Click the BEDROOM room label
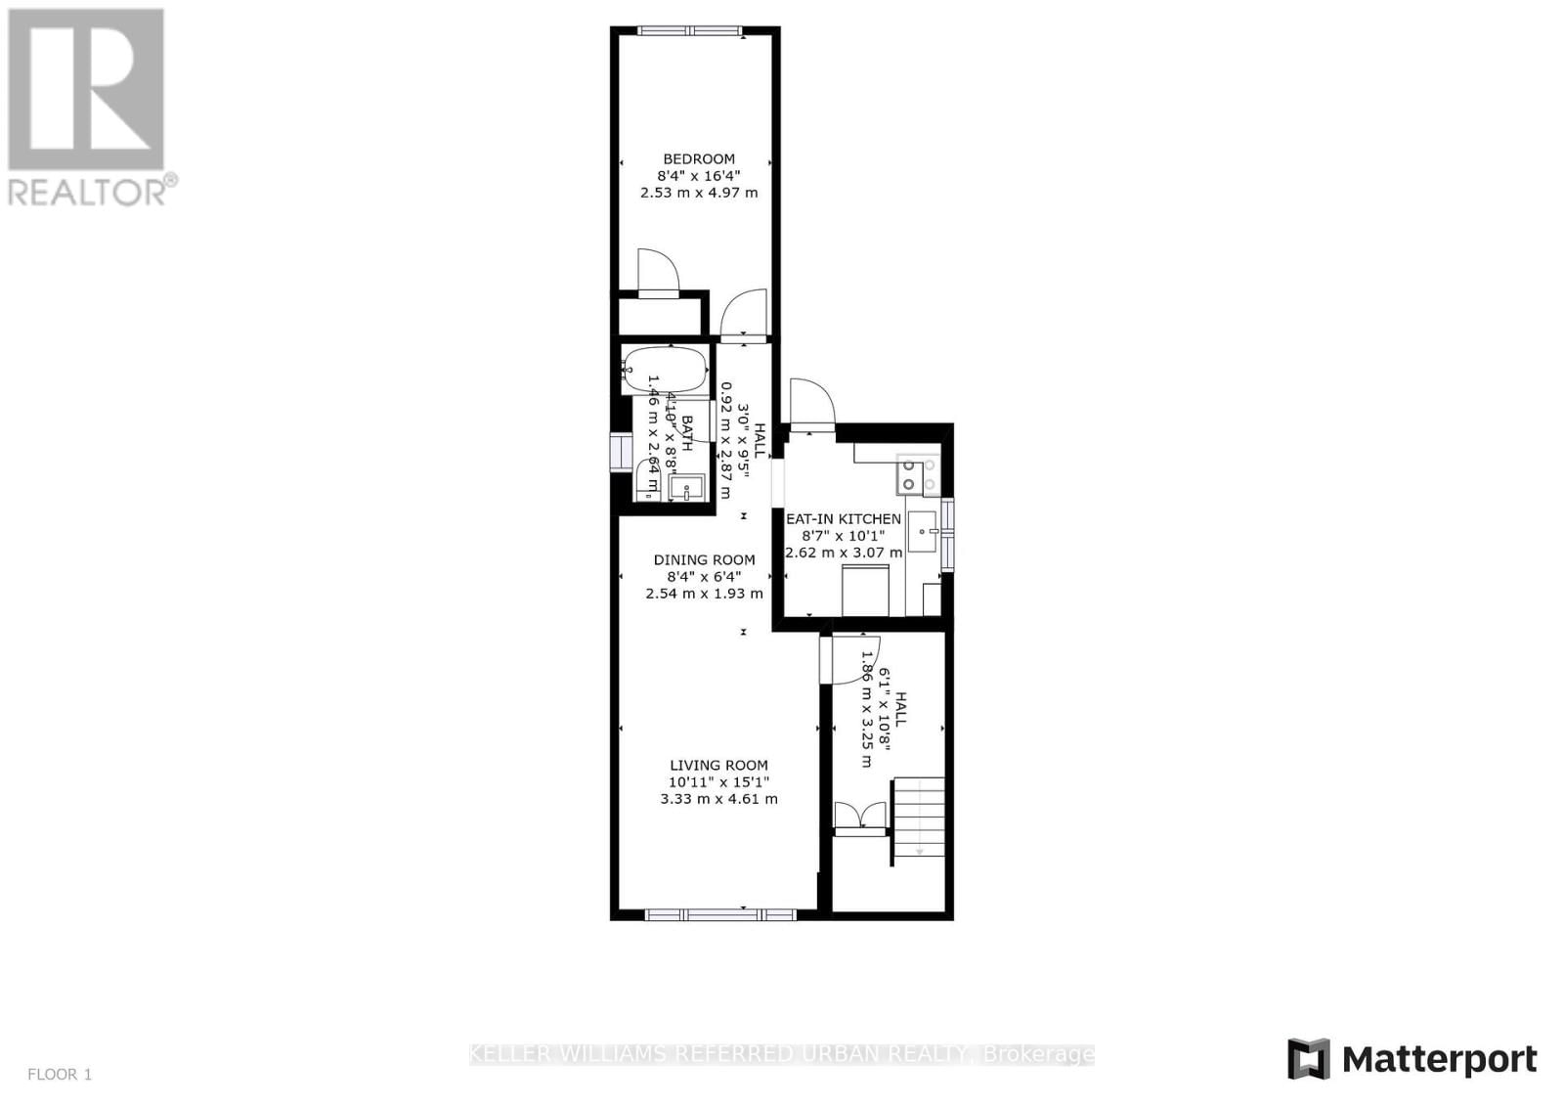pos(699,159)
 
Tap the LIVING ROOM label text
pos(718,766)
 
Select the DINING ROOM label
pos(704,560)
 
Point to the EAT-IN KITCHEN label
pos(844,519)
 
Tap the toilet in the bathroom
pos(646,480)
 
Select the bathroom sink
pos(688,486)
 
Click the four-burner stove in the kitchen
pos(918,475)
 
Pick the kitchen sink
pos(922,533)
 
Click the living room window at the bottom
pos(720,914)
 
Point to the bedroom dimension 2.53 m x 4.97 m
pos(699,193)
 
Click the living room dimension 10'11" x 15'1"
pos(718,782)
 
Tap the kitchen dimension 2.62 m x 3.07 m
pos(845,553)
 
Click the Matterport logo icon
pos(1309,1059)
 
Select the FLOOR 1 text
pos(60,1075)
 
